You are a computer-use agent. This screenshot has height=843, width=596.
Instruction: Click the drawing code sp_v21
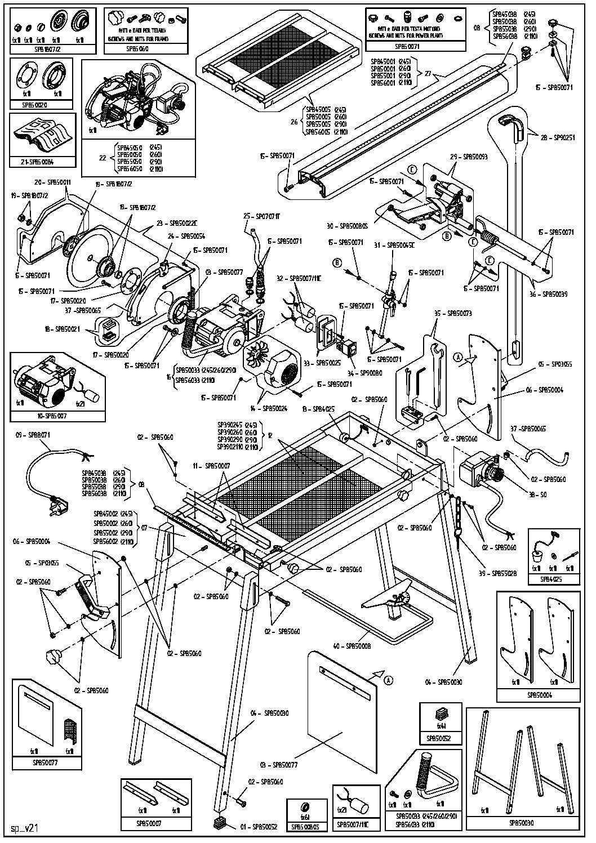(24, 829)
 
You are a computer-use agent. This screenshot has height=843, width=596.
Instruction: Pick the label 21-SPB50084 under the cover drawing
(42, 162)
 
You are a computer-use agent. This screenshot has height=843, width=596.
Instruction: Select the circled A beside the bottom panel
(389, 680)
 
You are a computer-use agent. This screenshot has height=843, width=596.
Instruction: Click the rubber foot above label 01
(220, 822)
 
